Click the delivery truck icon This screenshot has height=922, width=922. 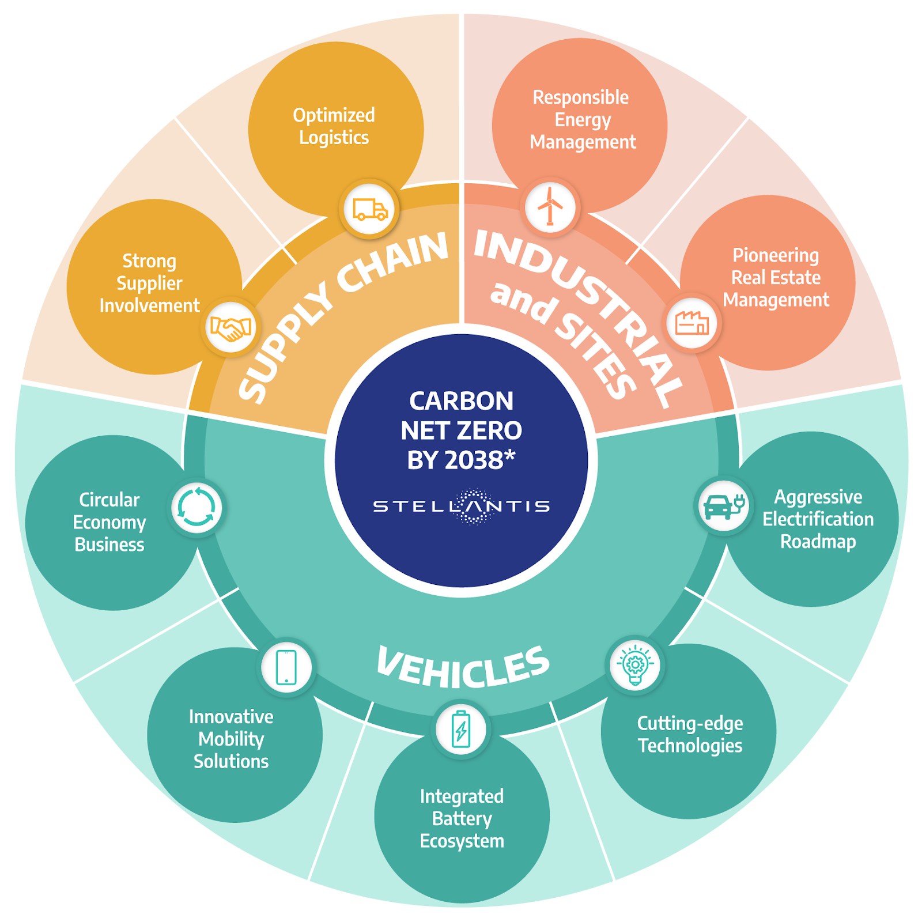(370, 210)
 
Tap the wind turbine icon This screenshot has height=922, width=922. (550, 206)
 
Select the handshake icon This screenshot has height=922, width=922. (231, 329)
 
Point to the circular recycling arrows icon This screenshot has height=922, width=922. (197, 507)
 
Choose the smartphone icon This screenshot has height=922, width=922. (286, 667)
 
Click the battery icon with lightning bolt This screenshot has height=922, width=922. (461, 729)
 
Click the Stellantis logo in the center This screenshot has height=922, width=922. (461, 507)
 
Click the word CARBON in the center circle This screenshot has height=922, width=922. (461, 401)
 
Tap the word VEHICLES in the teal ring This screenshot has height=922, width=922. (463, 667)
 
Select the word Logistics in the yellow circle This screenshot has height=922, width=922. (334, 138)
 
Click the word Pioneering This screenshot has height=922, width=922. (776, 255)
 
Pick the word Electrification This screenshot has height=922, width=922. (818, 519)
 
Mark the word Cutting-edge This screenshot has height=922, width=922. (690, 724)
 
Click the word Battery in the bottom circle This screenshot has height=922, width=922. (462, 819)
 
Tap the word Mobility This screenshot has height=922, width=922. (231, 739)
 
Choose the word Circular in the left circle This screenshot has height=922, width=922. (109, 500)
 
